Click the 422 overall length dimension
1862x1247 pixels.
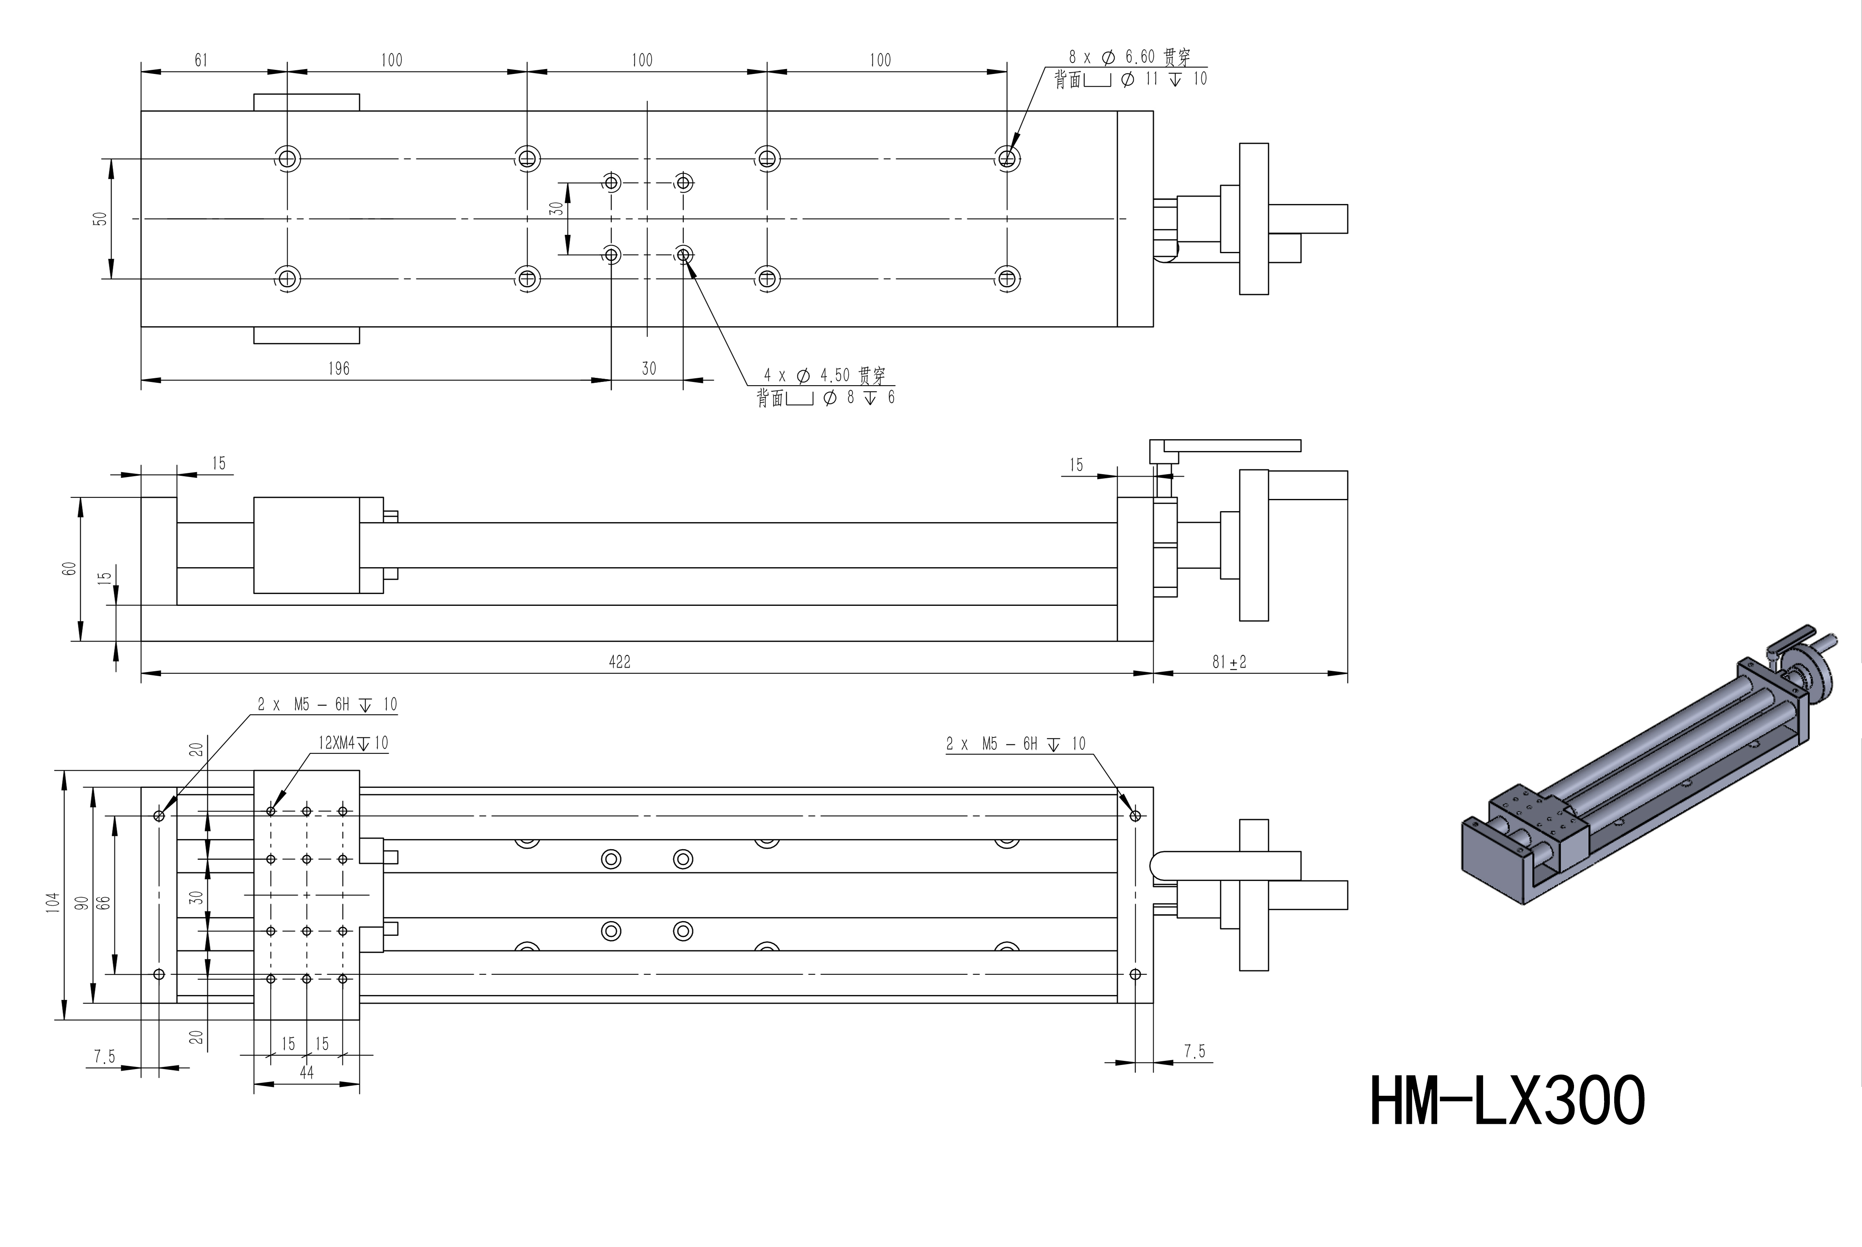(619, 661)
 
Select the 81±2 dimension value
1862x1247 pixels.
(1229, 661)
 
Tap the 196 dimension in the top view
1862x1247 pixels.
(339, 368)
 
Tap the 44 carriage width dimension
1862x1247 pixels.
(307, 1073)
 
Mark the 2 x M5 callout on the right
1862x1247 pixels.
(1015, 744)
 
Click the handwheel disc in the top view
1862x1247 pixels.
(1254, 219)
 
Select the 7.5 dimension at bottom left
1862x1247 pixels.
(104, 1056)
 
